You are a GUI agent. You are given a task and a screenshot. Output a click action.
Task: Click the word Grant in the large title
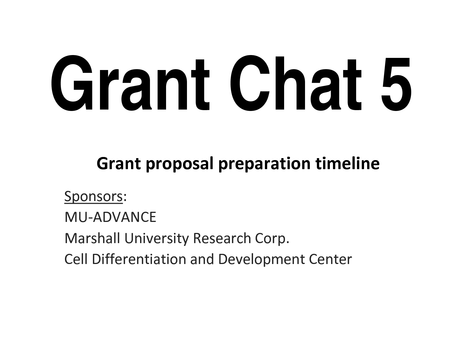coord(130,83)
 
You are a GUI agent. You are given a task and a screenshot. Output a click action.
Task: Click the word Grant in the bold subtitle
coord(119,163)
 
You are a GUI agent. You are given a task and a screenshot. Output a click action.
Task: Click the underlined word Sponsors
coord(93,197)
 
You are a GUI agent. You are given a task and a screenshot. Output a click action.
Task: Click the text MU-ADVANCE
coord(110,217)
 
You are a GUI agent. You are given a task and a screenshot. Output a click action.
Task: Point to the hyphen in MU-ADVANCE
coord(90,219)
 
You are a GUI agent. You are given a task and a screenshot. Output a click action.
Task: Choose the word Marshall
coord(92,238)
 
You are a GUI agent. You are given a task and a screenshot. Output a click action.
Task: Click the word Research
coord(222,238)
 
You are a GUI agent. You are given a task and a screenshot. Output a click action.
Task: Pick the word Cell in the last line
coord(76,259)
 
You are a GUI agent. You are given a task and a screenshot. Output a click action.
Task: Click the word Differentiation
coord(139,259)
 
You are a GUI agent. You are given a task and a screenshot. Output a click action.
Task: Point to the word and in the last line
coord(202,259)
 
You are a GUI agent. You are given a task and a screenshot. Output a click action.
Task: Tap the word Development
coord(261,260)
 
